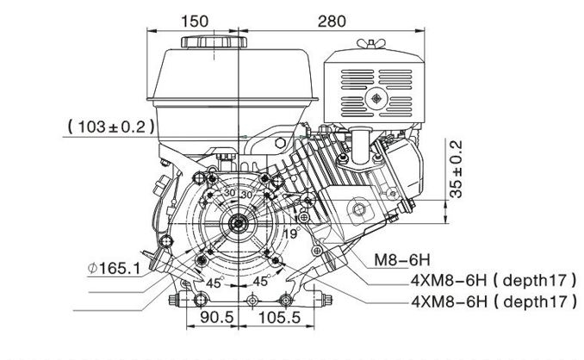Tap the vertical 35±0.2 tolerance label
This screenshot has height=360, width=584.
point(457,171)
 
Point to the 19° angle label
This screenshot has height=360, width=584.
point(290,232)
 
